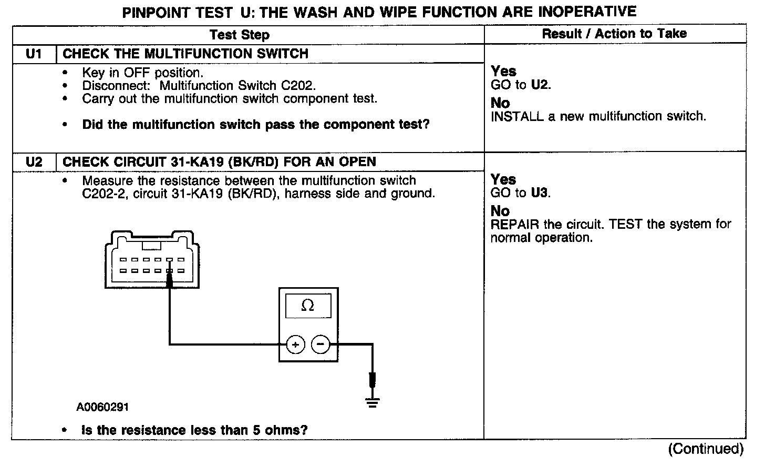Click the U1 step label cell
(x=34, y=54)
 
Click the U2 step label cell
(x=34, y=161)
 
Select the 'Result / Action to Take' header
(x=614, y=34)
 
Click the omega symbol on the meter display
(x=308, y=306)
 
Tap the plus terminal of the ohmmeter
(x=295, y=345)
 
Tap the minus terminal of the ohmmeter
(x=321, y=345)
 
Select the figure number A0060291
(x=102, y=407)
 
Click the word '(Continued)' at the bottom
(x=706, y=449)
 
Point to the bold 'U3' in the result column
(x=540, y=193)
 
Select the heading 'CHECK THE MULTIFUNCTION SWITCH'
(x=185, y=54)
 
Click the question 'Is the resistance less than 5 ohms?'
(x=194, y=430)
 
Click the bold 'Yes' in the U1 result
(x=503, y=71)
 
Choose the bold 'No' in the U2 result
(x=500, y=211)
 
